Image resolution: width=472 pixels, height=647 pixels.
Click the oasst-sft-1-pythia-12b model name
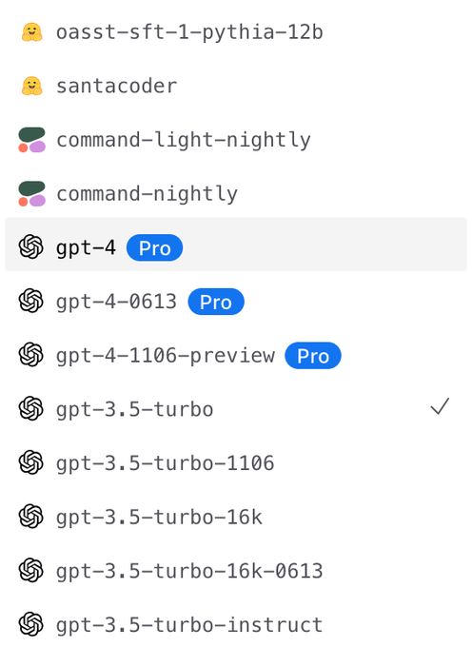point(189,32)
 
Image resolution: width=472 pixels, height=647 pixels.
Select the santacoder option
point(117,87)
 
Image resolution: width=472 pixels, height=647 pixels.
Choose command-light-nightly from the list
point(184,140)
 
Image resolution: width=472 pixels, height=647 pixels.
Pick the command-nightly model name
point(147,194)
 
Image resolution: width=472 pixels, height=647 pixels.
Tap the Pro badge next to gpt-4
point(155,248)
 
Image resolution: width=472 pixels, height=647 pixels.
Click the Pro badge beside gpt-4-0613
point(216,302)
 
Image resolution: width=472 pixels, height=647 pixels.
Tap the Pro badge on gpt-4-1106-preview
point(313,356)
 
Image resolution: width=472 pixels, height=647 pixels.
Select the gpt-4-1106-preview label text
point(166,356)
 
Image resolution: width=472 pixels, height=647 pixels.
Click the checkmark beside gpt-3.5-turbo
point(440,406)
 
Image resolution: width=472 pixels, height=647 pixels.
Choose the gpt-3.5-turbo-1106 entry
point(165,463)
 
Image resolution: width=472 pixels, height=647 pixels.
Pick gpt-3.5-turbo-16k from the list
point(159,518)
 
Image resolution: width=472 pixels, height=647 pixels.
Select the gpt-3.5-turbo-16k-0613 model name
point(189,572)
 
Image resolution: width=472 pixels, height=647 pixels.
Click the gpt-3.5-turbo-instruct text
point(189,625)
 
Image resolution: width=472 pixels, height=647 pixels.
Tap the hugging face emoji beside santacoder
point(31,86)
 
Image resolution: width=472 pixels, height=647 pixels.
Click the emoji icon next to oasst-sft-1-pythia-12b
point(31,32)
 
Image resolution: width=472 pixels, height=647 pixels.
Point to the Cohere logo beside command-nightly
point(31,193)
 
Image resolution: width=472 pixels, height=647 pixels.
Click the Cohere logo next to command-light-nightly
point(31,140)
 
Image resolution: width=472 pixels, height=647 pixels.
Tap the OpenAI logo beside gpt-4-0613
point(31,301)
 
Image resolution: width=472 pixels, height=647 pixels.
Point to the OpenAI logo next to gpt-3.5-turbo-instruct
point(31,624)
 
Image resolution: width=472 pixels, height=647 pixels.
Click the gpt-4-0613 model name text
point(117,302)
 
